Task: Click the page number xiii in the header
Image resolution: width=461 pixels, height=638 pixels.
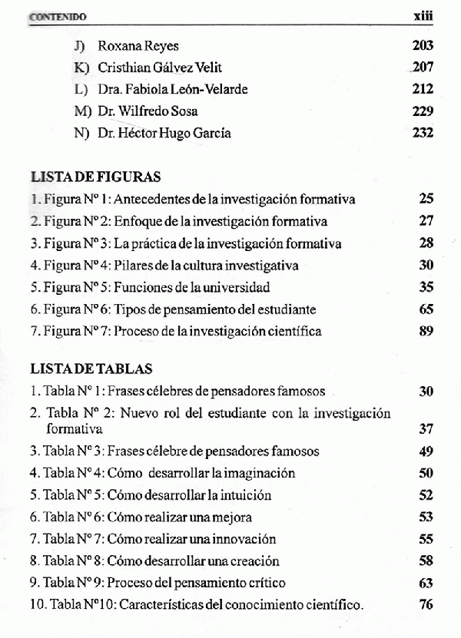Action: click(x=423, y=15)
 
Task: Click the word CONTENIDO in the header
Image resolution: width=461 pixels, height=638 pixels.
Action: click(x=58, y=15)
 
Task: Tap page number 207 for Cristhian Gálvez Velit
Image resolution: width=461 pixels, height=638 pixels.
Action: click(x=423, y=68)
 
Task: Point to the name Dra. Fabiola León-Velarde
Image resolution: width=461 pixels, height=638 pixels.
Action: click(x=173, y=89)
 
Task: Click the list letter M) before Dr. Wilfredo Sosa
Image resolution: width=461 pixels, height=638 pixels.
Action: click(x=82, y=111)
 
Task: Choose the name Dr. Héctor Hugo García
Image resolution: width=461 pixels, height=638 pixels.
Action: click(x=164, y=133)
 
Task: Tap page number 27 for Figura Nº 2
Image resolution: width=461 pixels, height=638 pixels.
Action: click(x=426, y=221)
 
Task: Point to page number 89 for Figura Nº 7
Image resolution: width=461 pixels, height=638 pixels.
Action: click(x=426, y=332)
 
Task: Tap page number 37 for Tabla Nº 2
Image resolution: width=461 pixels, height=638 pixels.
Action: click(x=426, y=428)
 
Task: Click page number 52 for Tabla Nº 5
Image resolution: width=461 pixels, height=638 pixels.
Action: click(x=426, y=495)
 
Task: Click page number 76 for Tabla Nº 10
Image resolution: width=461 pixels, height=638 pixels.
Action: click(x=426, y=605)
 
